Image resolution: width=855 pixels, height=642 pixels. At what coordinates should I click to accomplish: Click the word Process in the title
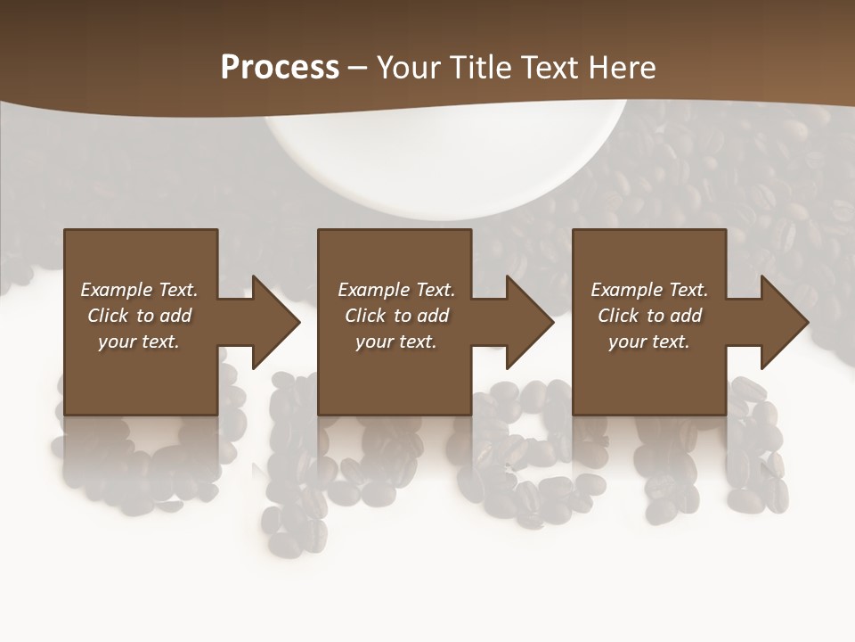coord(280,68)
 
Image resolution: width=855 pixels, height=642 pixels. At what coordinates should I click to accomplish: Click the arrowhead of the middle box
coord(528,322)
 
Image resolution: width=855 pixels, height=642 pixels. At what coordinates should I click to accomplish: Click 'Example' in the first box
coord(117,290)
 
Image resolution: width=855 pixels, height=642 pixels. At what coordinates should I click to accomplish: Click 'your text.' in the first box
coord(139,342)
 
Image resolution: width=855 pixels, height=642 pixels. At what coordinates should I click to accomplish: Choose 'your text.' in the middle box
coord(396,342)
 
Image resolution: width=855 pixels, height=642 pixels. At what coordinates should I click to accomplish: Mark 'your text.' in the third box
coord(649,342)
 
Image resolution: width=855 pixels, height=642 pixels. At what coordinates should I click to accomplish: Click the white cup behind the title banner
coord(445,165)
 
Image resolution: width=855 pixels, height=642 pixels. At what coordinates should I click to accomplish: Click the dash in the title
coord(357,68)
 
